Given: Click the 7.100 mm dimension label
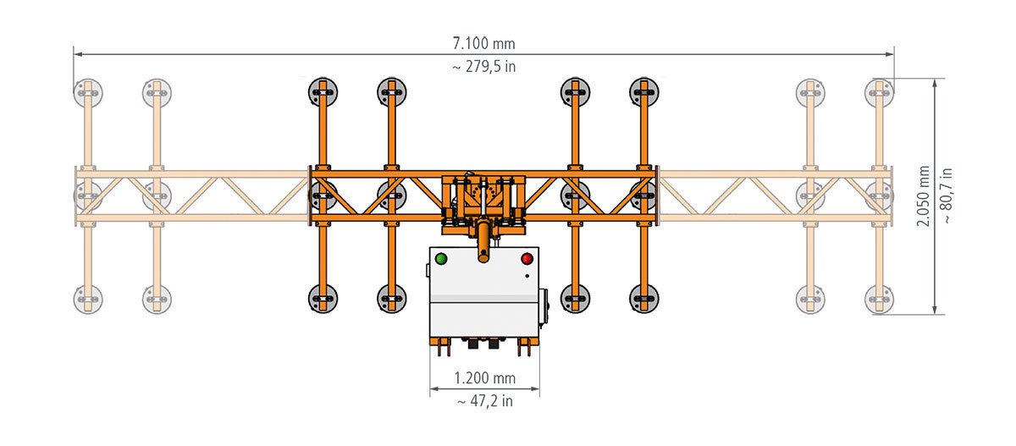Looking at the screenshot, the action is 484,43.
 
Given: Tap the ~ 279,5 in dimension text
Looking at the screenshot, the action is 484,67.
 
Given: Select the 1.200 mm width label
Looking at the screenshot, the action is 485,378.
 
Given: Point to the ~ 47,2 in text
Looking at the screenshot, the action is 485,401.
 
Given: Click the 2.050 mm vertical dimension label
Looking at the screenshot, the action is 923,195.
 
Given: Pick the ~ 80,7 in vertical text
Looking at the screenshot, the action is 947,195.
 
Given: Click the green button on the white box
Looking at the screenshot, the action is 441,259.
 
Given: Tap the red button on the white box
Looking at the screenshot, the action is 527,259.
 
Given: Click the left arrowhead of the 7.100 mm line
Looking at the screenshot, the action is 78,54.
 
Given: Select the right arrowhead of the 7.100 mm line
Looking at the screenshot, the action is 890,54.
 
